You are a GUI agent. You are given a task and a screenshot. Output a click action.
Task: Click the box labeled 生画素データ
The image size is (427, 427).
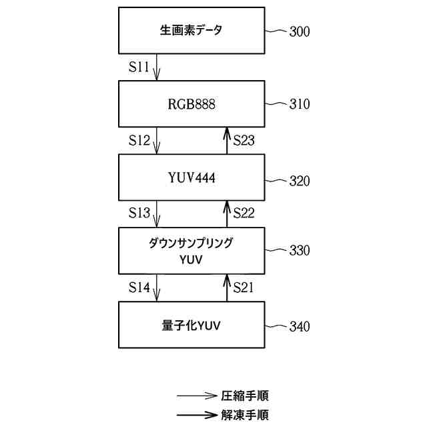tap(191, 31)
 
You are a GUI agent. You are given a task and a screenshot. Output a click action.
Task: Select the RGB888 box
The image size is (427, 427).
tap(191, 104)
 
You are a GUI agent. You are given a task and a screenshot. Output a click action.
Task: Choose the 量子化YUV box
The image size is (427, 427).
tap(191, 326)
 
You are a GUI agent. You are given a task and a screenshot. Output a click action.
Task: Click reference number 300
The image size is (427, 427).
tap(300, 31)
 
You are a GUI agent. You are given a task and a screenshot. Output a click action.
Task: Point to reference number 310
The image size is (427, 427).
tap(300, 105)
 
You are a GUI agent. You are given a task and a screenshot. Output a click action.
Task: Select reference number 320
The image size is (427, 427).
tap(300, 181)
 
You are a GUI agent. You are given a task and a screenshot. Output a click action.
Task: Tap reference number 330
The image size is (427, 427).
tap(300, 251)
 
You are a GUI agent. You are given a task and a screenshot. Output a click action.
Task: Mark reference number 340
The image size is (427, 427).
tap(300, 327)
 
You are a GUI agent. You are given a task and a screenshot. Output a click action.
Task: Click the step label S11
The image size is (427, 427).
tap(139, 67)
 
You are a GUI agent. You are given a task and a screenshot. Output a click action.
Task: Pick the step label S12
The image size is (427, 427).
tap(139, 141)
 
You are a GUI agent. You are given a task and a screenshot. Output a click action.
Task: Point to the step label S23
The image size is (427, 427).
tap(244, 141)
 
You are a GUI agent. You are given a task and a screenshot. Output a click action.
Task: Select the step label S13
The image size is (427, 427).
tap(139, 213)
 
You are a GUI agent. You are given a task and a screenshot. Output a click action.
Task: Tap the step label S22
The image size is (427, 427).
tap(244, 213)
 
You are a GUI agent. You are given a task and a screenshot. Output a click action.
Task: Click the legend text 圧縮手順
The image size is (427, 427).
tap(245, 396)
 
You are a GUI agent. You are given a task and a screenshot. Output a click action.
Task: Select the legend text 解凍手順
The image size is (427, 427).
tap(245, 415)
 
